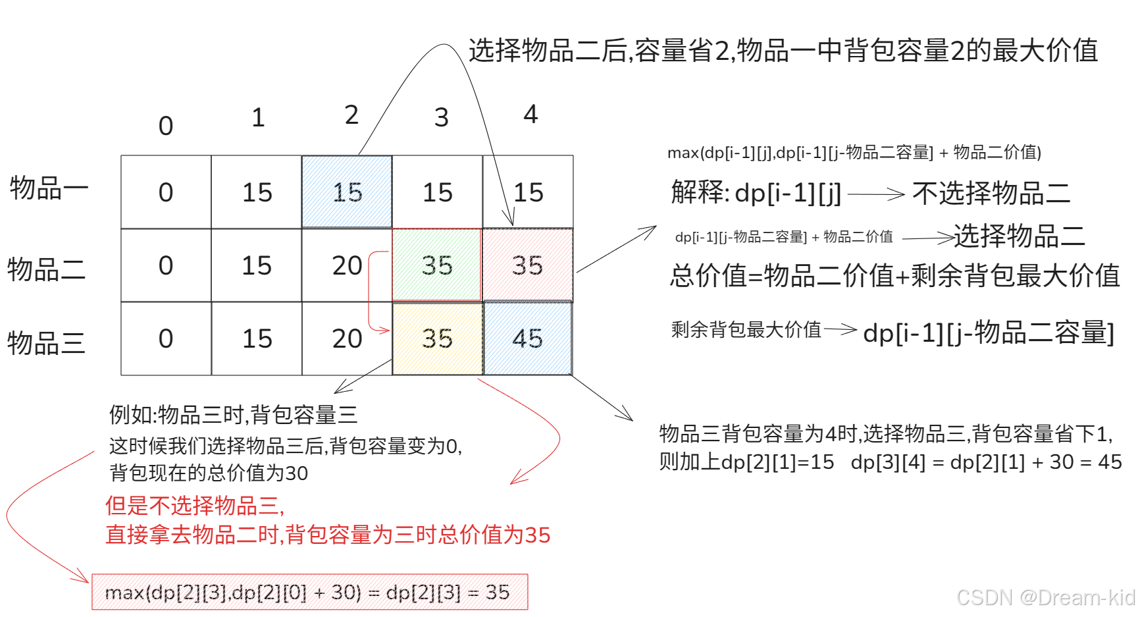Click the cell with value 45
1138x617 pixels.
pyautogui.click(x=528, y=338)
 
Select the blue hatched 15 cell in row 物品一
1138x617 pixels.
pyautogui.click(x=347, y=192)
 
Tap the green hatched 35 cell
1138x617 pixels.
pyautogui.click(x=437, y=265)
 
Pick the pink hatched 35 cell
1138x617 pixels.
pyautogui.click(x=528, y=265)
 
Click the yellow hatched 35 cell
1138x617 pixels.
pyautogui.click(x=437, y=338)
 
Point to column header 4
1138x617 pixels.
pyautogui.click(x=530, y=115)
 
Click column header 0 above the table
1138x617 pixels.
pyautogui.click(x=166, y=126)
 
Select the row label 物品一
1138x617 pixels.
pyautogui.click(x=49, y=188)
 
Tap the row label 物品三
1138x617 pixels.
pyautogui.click(x=46, y=343)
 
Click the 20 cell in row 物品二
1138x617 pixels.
pyautogui.click(x=347, y=265)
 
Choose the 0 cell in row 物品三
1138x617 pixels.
pyautogui.click(x=166, y=338)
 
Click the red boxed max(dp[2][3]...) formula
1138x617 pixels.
pyautogui.click(x=309, y=592)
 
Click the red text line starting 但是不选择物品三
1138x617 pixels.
pyautogui.click(x=195, y=506)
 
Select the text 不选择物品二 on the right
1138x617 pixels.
pyautogui.click(x=991, y=193)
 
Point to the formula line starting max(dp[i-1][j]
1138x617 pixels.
pyautogui.click(x=854, y=153)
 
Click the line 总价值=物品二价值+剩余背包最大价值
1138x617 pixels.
pyautogui.click(x=894, y=275)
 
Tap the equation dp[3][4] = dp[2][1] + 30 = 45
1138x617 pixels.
pyautogui.click(x=986, y=462)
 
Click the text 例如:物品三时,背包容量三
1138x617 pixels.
pyautogui.click(x=233, y=415)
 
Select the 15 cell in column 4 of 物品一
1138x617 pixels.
pyautogui.click(x=528, y=192)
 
